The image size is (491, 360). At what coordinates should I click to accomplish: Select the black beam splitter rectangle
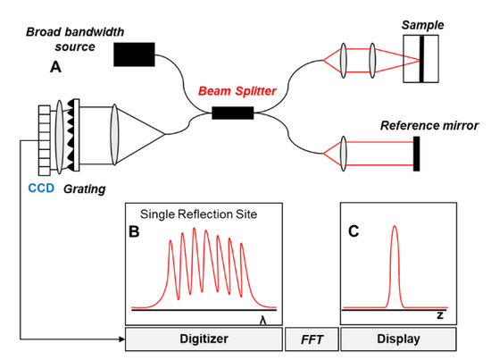tap(232, 113)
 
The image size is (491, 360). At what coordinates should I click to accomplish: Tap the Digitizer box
tap(204, 339)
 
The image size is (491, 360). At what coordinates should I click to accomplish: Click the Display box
tap(399, 339)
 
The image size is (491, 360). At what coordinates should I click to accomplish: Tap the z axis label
tap(440, 316)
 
